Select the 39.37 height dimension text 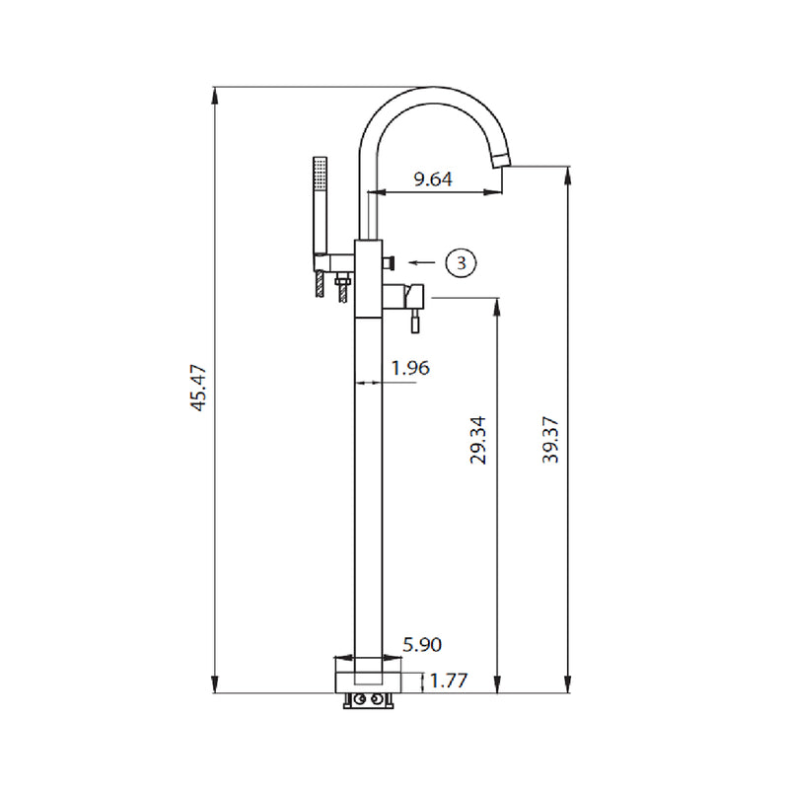[551, 439]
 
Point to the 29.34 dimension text [478, 439]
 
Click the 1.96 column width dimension [410, 368]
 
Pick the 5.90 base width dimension [422, 645]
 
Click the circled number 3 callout [461, 262]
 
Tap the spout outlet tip [504, 159]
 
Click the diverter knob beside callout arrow [391, 262]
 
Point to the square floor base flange [369, 677]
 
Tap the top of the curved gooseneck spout [430, 92]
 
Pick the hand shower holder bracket [331, 260]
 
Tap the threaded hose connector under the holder [342, 291]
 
